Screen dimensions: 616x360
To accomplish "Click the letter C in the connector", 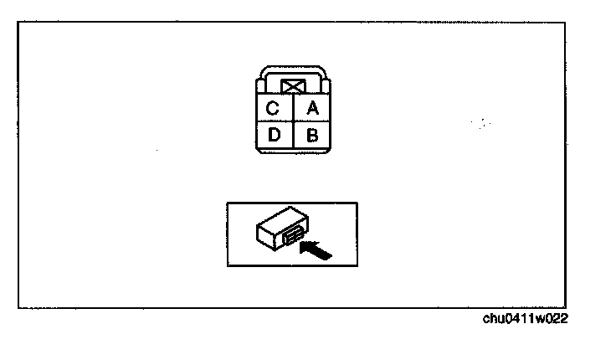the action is [272, 109].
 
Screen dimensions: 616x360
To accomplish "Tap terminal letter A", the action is [312, 109].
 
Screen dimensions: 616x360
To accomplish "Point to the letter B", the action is [312, 134].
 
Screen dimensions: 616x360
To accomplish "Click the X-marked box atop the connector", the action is [292, 86].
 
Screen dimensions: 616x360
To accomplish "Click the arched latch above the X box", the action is [292, 70].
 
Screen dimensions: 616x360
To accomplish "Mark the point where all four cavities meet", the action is [292, 121].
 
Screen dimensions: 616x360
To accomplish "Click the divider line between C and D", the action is [273, 121].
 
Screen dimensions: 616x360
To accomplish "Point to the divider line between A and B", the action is [311, 121].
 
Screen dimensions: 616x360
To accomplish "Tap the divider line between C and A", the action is [292, 109].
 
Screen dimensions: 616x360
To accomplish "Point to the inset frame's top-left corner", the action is [227, 203].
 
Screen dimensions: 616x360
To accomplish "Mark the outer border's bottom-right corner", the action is [565, 307].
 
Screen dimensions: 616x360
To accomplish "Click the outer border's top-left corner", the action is [19, 23].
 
